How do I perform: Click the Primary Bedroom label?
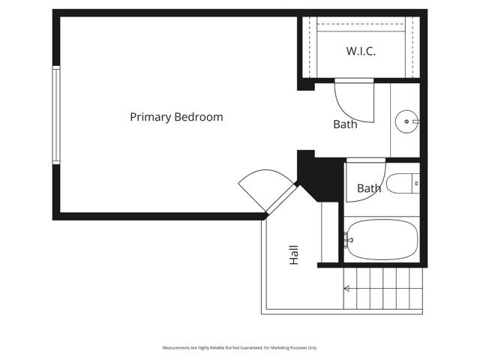176,117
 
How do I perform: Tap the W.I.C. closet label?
360,52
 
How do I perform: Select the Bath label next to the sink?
345,124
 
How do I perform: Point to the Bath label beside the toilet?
368,189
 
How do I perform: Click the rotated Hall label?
294,254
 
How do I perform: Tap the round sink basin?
406,120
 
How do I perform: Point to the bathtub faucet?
346,240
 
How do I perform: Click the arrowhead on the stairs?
346,288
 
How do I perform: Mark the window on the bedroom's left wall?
55,114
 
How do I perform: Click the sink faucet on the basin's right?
415,120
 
